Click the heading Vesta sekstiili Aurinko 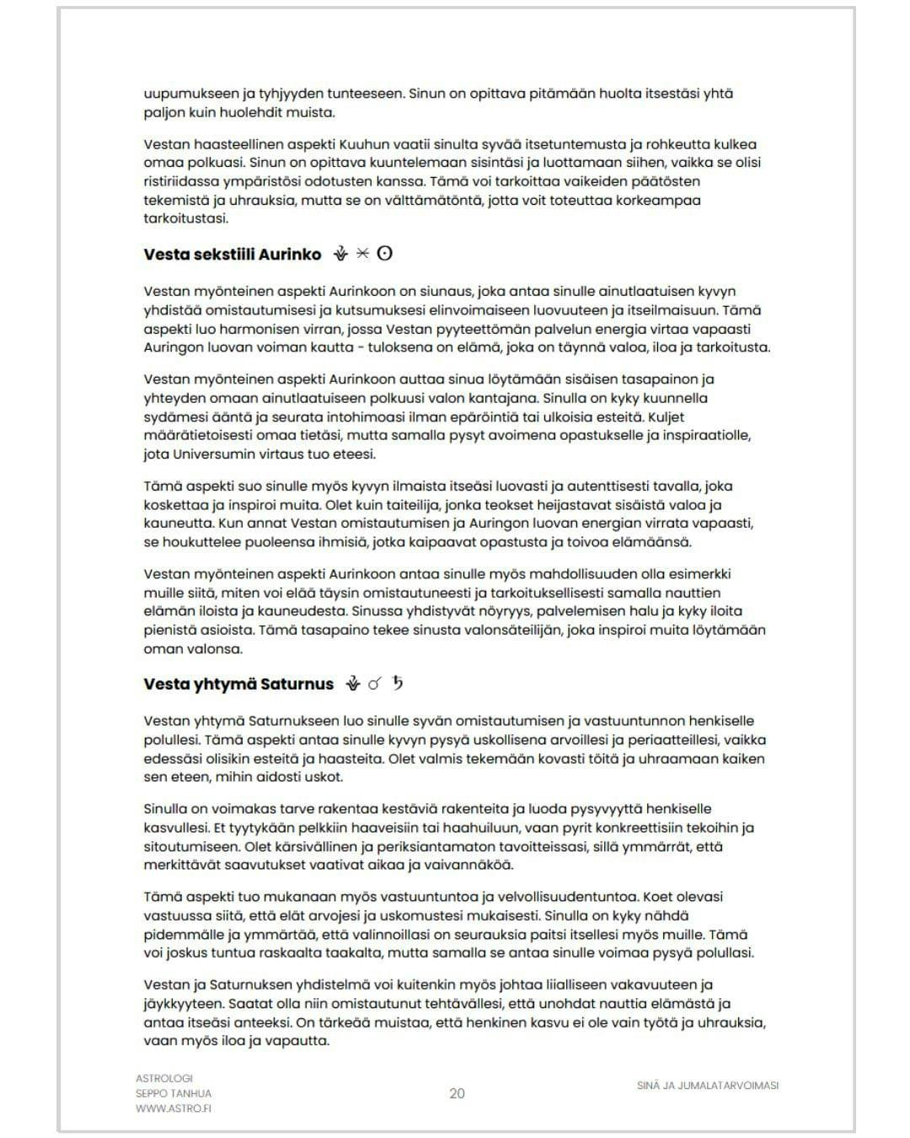233,254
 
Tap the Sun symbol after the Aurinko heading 385,253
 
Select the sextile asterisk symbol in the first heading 363,253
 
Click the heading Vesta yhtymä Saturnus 238,684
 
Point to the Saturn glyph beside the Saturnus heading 398,683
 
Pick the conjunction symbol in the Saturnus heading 375,684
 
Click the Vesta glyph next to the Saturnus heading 353,684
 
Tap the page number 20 457,1093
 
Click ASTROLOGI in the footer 164,1078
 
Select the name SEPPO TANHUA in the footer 174,1093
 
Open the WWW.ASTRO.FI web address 174,1108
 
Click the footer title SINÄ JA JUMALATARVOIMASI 708,1086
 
